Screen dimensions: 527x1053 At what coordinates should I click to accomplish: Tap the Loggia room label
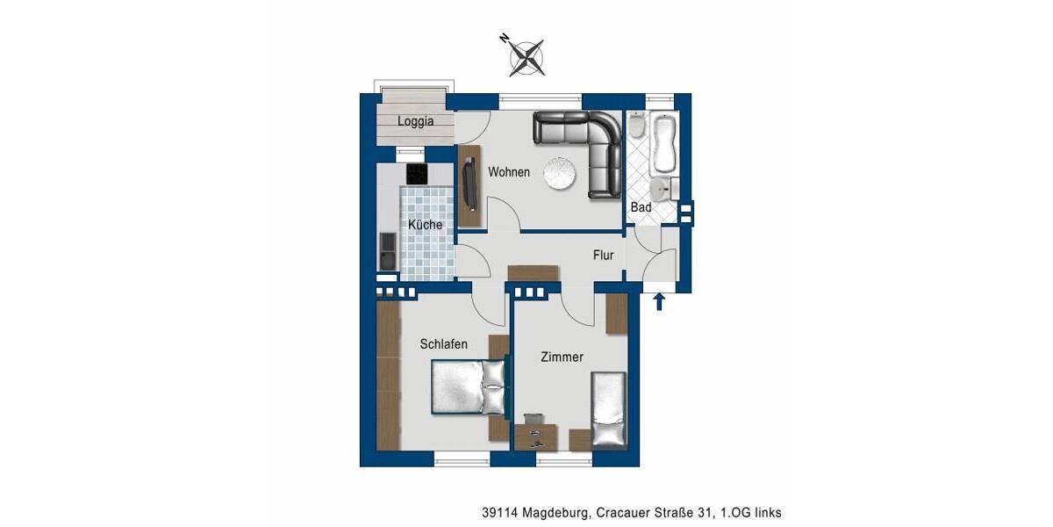(x=415, y=122)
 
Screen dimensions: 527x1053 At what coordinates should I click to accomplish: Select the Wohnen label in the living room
(x=509, y=172)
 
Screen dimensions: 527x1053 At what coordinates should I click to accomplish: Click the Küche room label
(x=425, y=225)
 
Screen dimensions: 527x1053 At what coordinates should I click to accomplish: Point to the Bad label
(x=641, y=207)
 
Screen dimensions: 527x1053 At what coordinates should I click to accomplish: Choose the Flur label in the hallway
(x=603, y=256)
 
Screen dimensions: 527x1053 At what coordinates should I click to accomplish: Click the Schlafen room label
(x=443, y=344)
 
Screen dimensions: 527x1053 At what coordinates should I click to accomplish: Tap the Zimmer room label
(x=562, y=357)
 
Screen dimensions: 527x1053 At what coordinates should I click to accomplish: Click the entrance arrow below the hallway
(x=660, y=302)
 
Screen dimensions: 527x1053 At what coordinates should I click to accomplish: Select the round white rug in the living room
(x=559, y=172)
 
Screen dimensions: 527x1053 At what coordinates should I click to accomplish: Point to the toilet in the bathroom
(x=637, y=128)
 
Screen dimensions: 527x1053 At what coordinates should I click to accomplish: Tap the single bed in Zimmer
(x=608, y=409)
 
